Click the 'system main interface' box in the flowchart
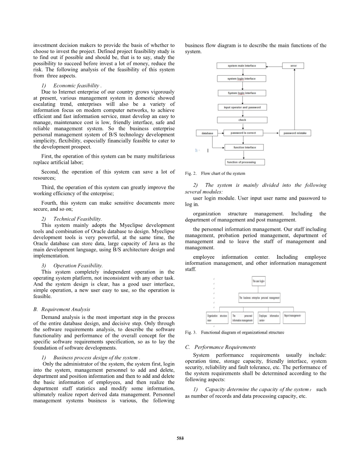(x=242, y=66)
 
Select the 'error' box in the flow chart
(x=293, y=66)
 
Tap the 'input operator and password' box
(x=242, y=107)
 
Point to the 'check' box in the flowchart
(x=242, y=120)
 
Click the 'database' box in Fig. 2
(x=207, y=133)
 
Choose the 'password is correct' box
(x=243, y=133)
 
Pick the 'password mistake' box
(x=295, y=133)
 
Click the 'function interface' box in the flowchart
(x=244, y=148)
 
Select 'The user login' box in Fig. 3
(x=259, y=281)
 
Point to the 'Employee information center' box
(x=268, y=318)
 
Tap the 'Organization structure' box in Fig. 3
(x=217, y=318)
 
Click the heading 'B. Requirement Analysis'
(x=62, y=309)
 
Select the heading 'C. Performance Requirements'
(x=220, y=347)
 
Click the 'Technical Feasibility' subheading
(x=77, y=219)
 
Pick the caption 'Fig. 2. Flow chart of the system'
(x=215, y=174)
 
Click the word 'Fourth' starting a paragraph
(x=49, y=203)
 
